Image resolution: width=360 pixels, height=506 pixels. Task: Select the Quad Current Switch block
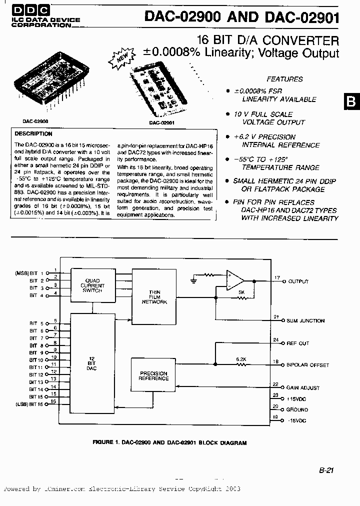pos(92,285)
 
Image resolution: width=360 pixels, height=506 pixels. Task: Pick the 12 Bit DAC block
pos(91,363)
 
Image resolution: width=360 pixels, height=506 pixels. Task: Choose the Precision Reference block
pos(153,376)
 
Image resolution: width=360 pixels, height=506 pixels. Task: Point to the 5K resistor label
pos(241,292)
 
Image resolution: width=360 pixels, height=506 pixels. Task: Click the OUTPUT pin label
pos(298,282)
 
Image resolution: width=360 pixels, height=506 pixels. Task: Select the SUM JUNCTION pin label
pos(305,321)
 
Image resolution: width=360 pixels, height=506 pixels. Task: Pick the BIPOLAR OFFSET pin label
pos(308,365)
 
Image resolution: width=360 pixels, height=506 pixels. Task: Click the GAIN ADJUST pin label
pos(303,388)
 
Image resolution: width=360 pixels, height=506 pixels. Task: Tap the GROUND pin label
pos(298,410)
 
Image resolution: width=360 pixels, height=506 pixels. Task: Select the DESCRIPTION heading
pos(33,134)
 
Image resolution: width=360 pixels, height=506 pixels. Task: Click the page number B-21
pos(325,470)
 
